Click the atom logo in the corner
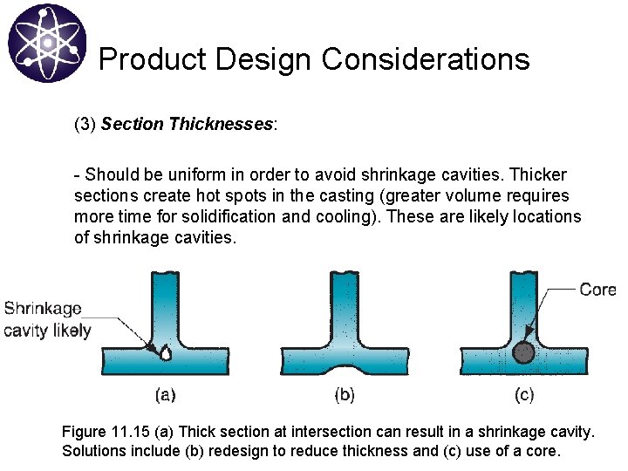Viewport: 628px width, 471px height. click(47, 43)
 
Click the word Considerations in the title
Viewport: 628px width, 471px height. click(426, 59)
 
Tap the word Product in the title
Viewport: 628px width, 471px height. click(153, 59)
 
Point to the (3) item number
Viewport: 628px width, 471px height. click(85, 124)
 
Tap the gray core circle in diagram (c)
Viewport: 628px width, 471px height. click(523, 352)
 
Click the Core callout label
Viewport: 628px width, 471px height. click(597, 290)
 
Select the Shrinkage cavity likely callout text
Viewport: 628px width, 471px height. click(45, 319)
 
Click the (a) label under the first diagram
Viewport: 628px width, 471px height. click(165, 395)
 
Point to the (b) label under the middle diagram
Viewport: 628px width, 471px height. click(345, 395)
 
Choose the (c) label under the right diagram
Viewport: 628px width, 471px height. click(524, 395)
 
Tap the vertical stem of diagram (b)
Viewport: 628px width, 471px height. click(345, 305)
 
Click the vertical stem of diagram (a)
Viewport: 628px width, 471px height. click(165, 305)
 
